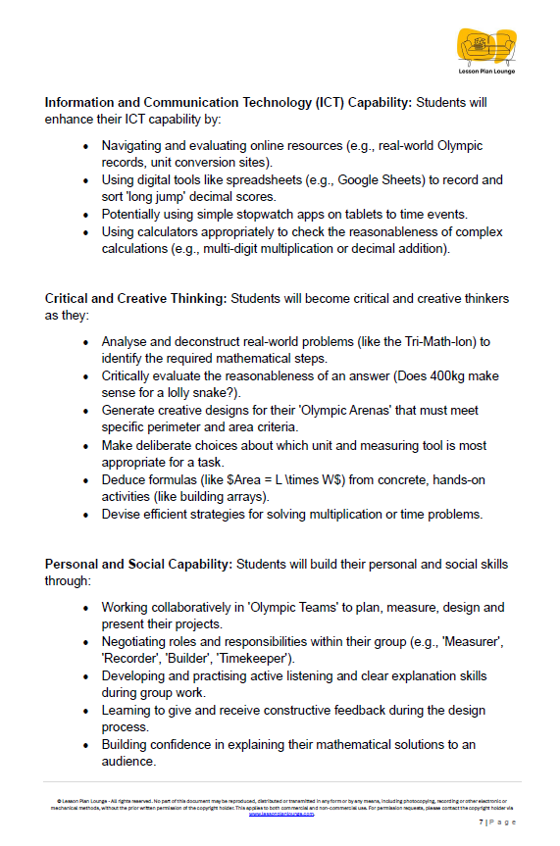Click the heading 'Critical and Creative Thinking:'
point(135,298)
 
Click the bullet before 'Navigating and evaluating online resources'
point(86,146)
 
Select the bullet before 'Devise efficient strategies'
point(86,514)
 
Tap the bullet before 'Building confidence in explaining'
point(86,745)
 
